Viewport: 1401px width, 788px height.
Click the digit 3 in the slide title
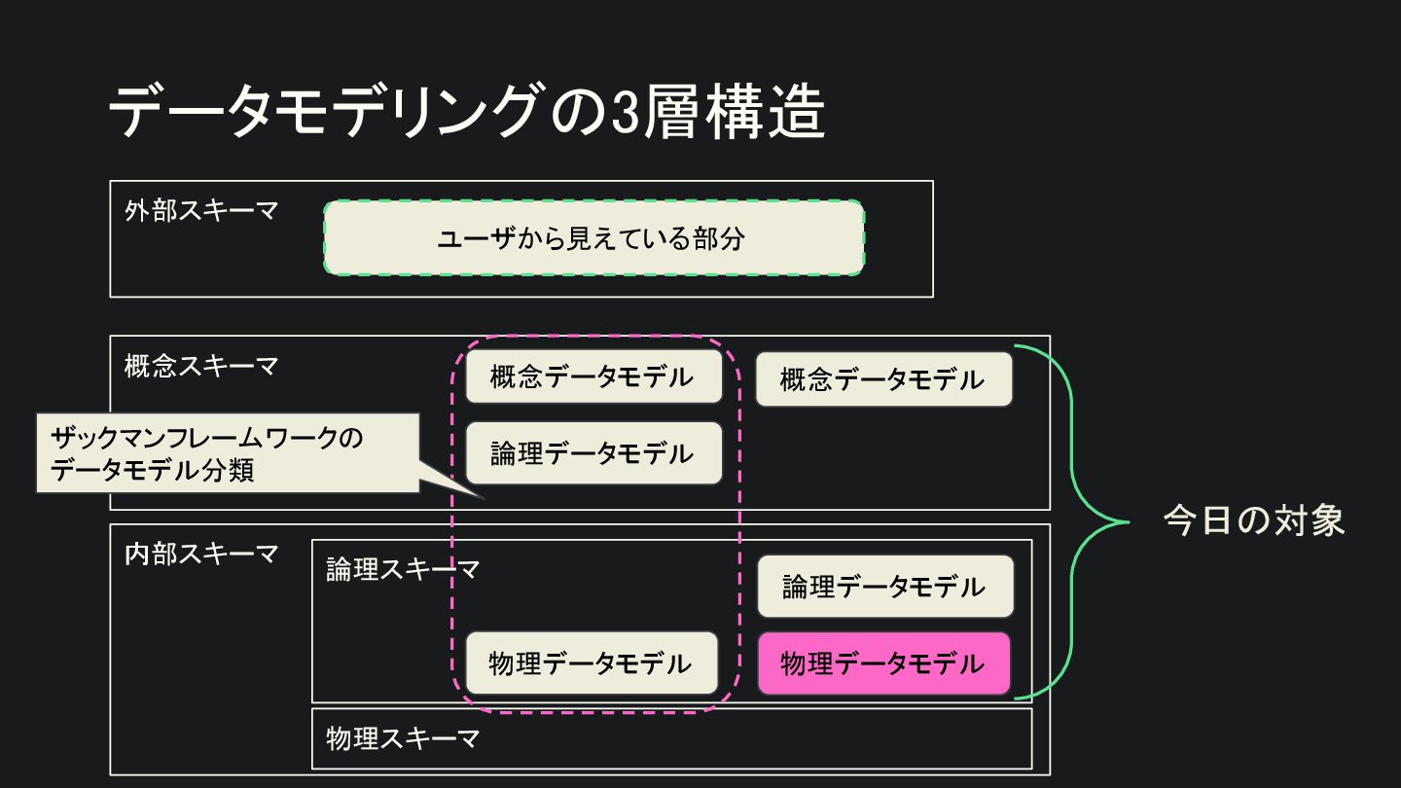(627, 111)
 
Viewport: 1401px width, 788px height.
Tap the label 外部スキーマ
(201, 211)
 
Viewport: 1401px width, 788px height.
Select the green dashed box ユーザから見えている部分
(593, 238)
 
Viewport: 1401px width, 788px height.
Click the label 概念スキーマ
(201, 367)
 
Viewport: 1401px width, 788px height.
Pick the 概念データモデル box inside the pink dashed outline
(593, 376)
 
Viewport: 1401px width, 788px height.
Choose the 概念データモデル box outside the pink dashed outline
(883, 379)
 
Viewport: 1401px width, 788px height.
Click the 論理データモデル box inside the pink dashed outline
(593, 453)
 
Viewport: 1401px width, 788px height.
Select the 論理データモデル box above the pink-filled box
(884, 587)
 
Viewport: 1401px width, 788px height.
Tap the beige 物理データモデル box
(591, 663)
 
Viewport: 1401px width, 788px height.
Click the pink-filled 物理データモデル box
(883, 663)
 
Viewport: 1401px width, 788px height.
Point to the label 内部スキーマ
(201, 555)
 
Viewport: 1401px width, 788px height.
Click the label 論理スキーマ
(403, 570)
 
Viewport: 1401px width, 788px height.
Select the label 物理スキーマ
(403, 738)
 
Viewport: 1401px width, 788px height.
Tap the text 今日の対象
(1254, 521)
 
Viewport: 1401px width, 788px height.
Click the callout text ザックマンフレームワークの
(206, 438)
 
